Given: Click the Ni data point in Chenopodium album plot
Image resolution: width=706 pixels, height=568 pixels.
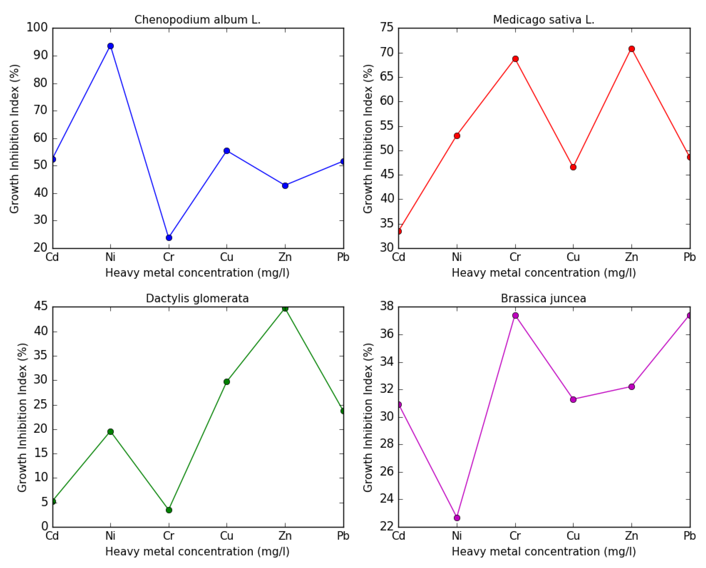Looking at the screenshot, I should coord(111,46).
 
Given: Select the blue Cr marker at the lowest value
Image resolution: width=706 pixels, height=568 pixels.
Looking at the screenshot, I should coord(169,237).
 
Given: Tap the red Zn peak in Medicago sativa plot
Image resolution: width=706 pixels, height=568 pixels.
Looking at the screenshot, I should coord(632,49).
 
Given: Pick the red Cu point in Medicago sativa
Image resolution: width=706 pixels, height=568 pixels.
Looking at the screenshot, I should coord(573,167).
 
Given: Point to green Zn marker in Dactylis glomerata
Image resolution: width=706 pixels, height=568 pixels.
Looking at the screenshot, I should coord(285,308).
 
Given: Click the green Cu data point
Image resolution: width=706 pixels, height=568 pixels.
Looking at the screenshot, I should coord(226,382).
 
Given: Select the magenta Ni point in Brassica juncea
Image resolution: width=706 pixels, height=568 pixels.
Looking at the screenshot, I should coord(457,518).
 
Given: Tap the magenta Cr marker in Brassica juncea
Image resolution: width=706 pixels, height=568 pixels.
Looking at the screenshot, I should coord(515,315).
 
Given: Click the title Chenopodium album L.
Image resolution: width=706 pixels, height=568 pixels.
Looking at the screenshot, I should coord(197,20).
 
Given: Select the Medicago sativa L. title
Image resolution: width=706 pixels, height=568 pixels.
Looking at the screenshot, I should coord(544,20).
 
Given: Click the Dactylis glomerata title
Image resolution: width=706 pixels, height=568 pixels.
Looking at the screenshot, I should coord(197,298).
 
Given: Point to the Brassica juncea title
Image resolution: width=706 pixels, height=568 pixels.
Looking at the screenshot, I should coord(544,298).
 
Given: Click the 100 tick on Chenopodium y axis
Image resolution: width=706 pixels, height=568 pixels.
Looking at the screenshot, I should coord(37,28).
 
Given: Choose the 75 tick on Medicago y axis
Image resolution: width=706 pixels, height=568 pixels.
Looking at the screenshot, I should coord(387,28).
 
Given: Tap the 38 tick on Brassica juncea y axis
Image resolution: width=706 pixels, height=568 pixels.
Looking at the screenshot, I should coord(387,306).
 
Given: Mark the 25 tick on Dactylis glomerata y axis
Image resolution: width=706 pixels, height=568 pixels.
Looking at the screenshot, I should coord(41,404).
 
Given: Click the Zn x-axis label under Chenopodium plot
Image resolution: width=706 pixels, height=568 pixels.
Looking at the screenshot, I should coord(285,257).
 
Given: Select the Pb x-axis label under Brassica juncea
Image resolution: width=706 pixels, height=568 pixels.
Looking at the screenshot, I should coord(690,536).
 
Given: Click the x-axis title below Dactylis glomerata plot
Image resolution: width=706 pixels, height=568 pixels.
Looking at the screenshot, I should coord(197,552).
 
